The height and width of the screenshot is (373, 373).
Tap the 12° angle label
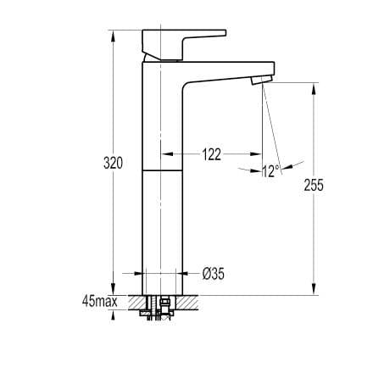[x=270, y=171]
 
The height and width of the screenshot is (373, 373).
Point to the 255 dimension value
[x=315, y=186]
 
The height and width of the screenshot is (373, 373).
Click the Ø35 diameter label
[x=213, y=273]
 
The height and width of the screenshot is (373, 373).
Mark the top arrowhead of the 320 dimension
[x=113, y=36]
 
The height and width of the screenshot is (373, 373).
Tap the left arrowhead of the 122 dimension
[x=166, y=154]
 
